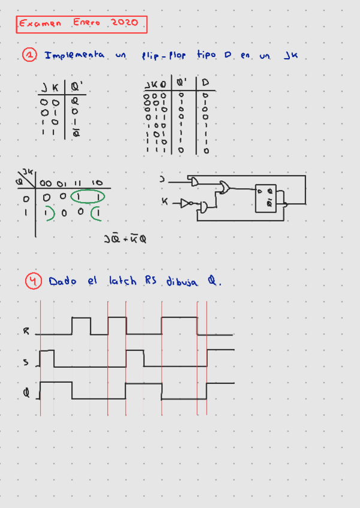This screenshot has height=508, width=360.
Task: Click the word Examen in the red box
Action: tap(39, 24)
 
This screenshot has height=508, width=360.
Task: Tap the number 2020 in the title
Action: tap(125, 23)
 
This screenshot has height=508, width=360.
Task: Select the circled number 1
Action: tap(30, 55)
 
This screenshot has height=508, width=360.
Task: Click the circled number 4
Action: tap(33, 280)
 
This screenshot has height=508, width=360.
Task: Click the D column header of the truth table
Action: tap(205, 82)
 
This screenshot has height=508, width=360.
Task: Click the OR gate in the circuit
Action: tap(223, 188)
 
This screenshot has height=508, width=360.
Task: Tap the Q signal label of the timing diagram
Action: tap(26, 394)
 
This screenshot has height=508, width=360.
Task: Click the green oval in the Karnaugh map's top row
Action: tap(87, 196)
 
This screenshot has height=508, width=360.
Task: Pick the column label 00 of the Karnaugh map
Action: tap(46, 183)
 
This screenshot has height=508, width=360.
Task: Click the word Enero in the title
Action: tap(87, 23)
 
